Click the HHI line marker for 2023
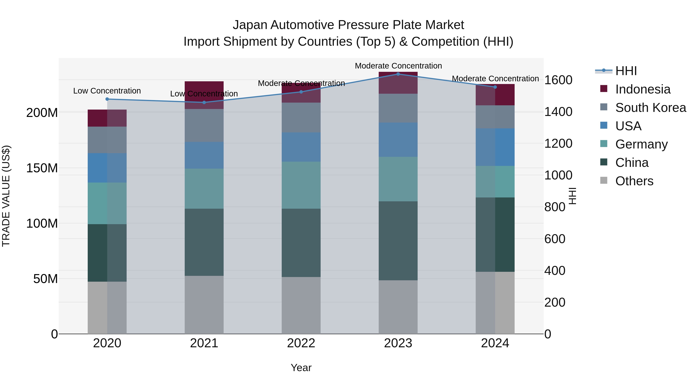click(398, 74)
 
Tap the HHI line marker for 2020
click(107, 99)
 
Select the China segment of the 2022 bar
click(301, 243)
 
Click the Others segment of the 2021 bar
click(204, 305)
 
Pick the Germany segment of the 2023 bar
click(398, 179)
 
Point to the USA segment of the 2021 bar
click(204, 155)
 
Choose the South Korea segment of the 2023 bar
click(398, 108)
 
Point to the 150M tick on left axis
click(42, 168)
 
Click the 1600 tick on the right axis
click(558, 80)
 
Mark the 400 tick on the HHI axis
click(555, 271)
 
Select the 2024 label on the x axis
click(495, 343)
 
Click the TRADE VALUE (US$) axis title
click(6, 196)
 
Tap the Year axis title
click(301, 368)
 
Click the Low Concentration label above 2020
click(107, 91)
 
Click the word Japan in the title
click(250, 25)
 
